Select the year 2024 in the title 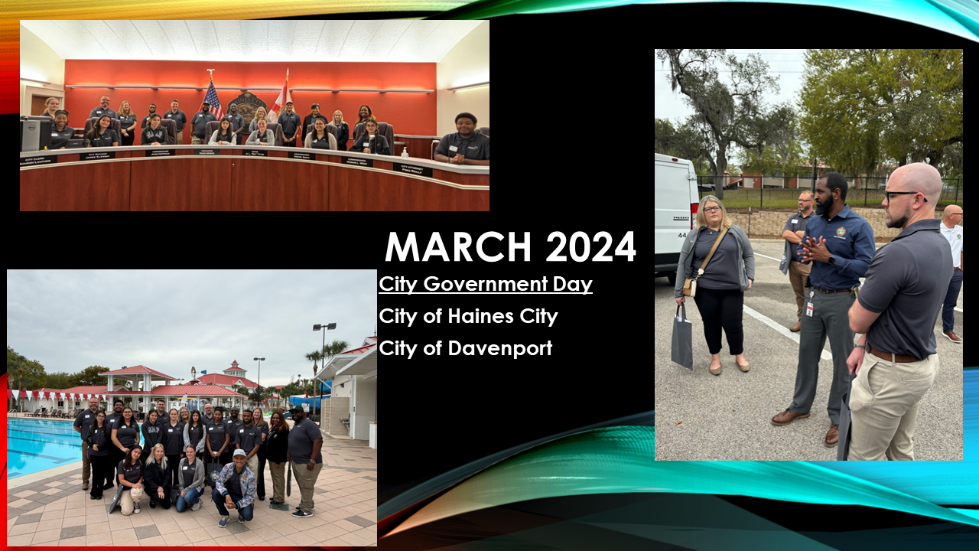[590, 246]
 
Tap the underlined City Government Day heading [486, 285]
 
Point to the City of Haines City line [468, 316]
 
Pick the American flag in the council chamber [212, 99]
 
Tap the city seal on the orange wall [246, 106]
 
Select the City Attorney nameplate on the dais [412, 168]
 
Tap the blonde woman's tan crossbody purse [690, 286]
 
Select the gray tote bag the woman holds [681, 344]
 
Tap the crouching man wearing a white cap [235, 485]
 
